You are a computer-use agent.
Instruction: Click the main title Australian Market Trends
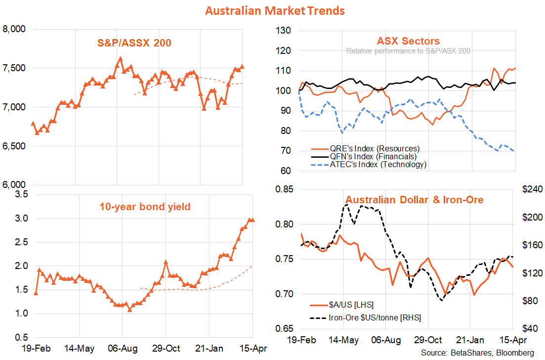tap(275, 10)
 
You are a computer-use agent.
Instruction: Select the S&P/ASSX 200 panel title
tap(134, 43)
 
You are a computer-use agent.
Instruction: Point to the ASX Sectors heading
tap(408, 41)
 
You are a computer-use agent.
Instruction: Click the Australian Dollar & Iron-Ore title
tap(414, 200)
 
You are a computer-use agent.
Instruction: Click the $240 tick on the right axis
tap(532, 190)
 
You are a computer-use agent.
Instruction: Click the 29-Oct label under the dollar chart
tap(428, 340)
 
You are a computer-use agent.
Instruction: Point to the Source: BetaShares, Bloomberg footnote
tap(477, 353)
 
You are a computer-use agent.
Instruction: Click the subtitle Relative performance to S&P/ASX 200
tap(408, 50)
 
